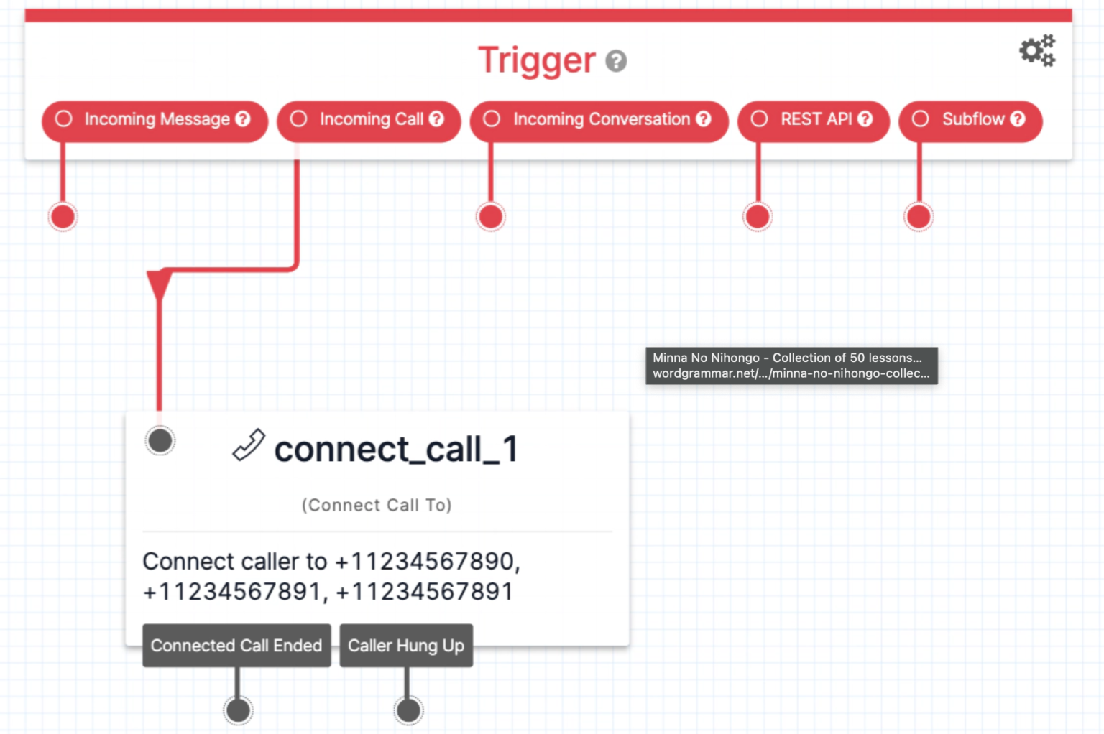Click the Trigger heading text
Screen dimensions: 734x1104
[x=536, y=60]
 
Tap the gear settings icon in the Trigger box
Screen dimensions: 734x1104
[x=1036, y=50]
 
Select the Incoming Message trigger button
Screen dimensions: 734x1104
[x=155, y=120]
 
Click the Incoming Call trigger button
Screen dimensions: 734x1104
[x=369, y=120]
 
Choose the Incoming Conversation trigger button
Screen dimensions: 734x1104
[x=599, y=120]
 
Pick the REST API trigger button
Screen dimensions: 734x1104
[x=814, y=120]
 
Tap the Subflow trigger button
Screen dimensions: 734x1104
[x=970, y=120]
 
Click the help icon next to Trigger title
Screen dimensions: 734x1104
[x=616, y=62]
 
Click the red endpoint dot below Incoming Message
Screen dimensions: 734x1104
[x=63, y=216]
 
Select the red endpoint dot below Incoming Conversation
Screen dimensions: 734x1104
[x=491, y=216]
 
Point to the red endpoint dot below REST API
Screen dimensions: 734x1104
[x=758, y=216]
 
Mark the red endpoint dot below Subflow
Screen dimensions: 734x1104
[x=919, y=216]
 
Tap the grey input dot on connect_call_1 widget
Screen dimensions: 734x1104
[x=160, y=440]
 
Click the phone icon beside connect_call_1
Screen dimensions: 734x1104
[x=249, y=445]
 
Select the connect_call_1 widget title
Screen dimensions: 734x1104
[x=395, y=450]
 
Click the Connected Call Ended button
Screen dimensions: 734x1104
[x=236, y=646]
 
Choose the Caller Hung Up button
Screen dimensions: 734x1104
[x=406, y=646]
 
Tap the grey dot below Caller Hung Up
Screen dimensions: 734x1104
[x=408, y=710]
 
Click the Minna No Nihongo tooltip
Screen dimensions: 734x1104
[x=791, y=366]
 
